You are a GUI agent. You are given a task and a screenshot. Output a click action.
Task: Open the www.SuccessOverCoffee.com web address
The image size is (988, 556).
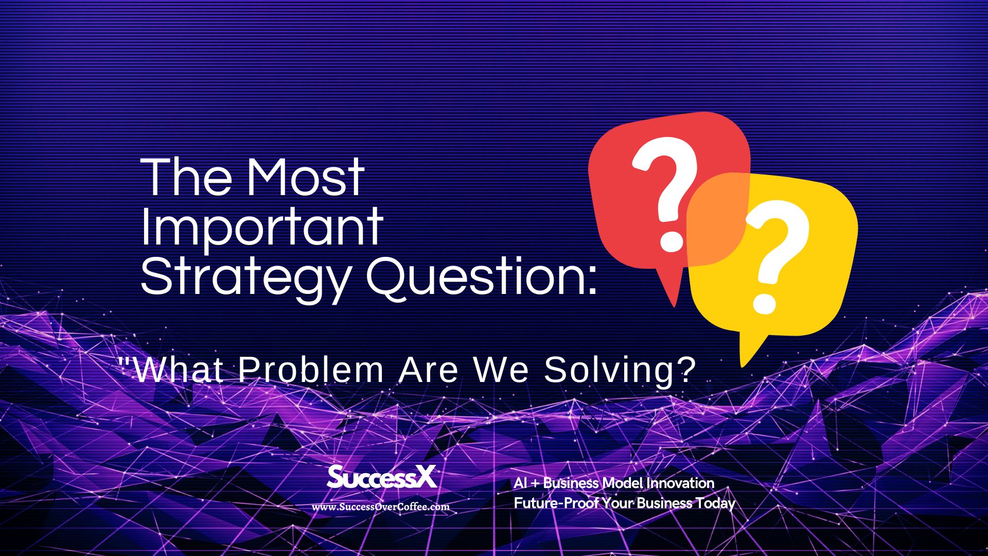tap(381, 507)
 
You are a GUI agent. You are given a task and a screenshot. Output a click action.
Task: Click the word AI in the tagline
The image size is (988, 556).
tap(520, 483)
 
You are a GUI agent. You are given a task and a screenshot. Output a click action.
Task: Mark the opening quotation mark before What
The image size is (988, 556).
tap(123, 360)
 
